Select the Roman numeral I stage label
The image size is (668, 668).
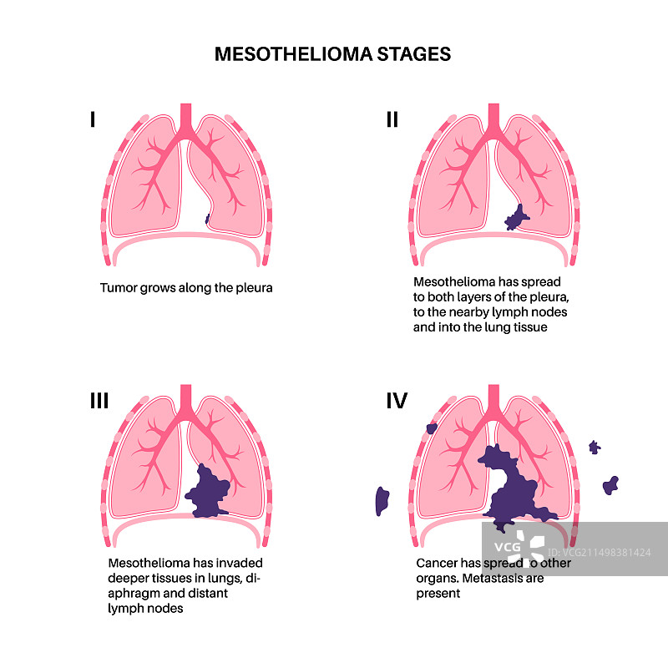[x=93, y=120]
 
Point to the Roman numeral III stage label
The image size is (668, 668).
[x=99, y=402]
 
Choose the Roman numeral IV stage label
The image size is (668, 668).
[x=396, y=402]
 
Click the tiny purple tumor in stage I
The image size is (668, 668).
[x=207, y=220]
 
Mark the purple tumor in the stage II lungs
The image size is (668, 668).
[x=516, y=219]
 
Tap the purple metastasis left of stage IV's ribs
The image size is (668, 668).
[x=382, y=500]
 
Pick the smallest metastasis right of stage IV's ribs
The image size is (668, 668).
[x=595, y=447]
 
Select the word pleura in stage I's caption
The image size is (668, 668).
[x=254, y=288]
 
